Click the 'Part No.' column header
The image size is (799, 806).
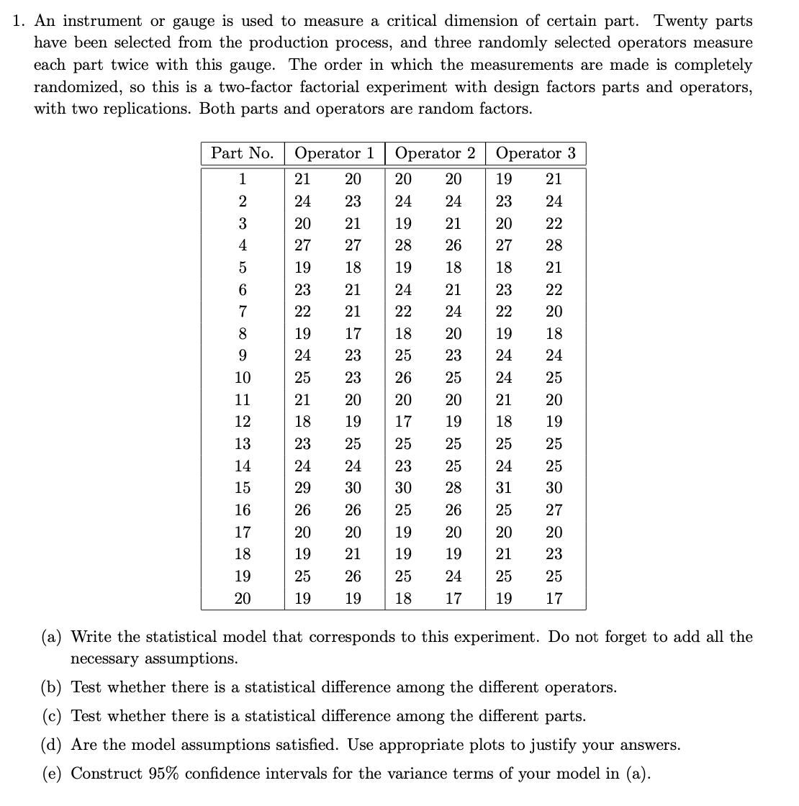(x=242, y=153)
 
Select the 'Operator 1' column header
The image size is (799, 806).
(x=335, y=153)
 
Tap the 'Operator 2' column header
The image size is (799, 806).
(x=435, y=153)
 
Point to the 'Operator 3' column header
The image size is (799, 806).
(x=536, y=153)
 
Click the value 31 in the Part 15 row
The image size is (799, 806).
(x=504, y=488)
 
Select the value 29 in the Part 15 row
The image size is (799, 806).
(x=303, y=488)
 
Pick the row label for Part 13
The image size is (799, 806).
(x=243, y=444)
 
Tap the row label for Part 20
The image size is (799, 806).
(x=243, y=599)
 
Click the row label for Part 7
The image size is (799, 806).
(x=243, y=312)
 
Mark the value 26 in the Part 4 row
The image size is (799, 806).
(x=453, y=245)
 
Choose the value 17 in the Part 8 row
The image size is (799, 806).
(x=353, y=334)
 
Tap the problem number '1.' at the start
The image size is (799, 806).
(x=19, y=21)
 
